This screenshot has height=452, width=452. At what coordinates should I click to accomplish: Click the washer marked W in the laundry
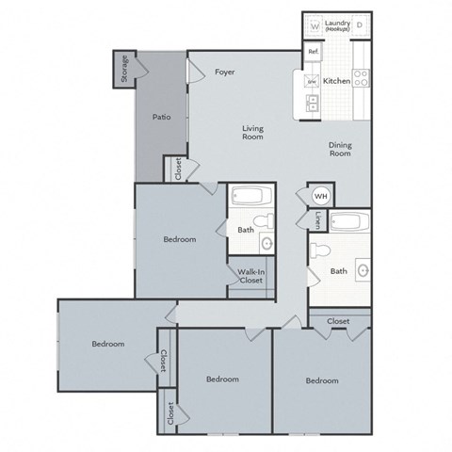(x=315, y=25)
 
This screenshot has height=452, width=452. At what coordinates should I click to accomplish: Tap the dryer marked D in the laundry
(x=359, y=25)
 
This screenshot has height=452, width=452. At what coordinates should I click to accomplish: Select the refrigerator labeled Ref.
(x=312, y=53)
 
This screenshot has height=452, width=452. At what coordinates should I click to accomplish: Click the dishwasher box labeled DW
(x=312, y=82)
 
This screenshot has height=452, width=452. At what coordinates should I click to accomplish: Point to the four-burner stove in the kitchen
(x=359, y=78)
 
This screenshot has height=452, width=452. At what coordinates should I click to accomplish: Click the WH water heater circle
(x=319, y=196)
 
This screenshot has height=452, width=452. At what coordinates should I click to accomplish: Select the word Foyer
(x=224, y=72)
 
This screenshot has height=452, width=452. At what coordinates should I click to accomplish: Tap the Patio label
(x=161, y=118)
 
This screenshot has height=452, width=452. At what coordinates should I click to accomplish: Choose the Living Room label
(x=251, y=132)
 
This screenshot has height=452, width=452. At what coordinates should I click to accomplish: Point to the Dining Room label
(x=340, y=150)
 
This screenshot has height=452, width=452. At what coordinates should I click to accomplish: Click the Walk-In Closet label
(x=250, y=276)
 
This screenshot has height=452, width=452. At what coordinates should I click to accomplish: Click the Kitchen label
(x=337, y=82)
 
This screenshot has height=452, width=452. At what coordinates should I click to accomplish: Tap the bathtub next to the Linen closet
(x=349, y=225)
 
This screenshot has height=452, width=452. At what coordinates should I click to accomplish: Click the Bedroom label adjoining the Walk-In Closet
(x=179, y=239)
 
